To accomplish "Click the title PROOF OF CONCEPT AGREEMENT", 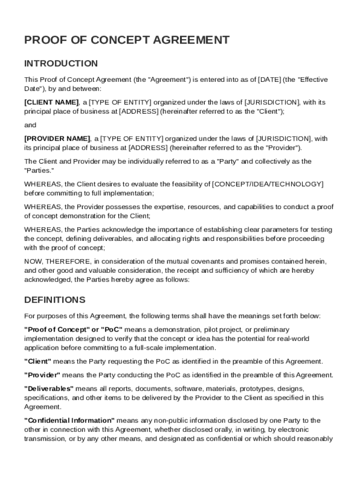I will (x=127, y=40).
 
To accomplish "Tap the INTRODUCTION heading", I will (x=61, y=63).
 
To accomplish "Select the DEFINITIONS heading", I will (x=55, y=299).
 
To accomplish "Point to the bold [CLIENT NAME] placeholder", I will (x=51, y=102).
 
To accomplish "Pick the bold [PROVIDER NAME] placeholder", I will (x=57, y=138).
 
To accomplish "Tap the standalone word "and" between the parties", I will (x=30, y=125).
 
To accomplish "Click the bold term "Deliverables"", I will (x=49, y=389).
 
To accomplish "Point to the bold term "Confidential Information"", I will (x=70, y=421).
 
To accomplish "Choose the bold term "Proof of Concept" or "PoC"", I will (x=74, y=330).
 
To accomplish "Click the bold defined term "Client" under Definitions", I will (x=37, y=361).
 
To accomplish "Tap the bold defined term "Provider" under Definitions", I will (x=42, y=375).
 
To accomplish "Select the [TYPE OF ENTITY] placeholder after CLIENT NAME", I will (x=120, y=102).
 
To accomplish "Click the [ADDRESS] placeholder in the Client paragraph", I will (x=139, y=111).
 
